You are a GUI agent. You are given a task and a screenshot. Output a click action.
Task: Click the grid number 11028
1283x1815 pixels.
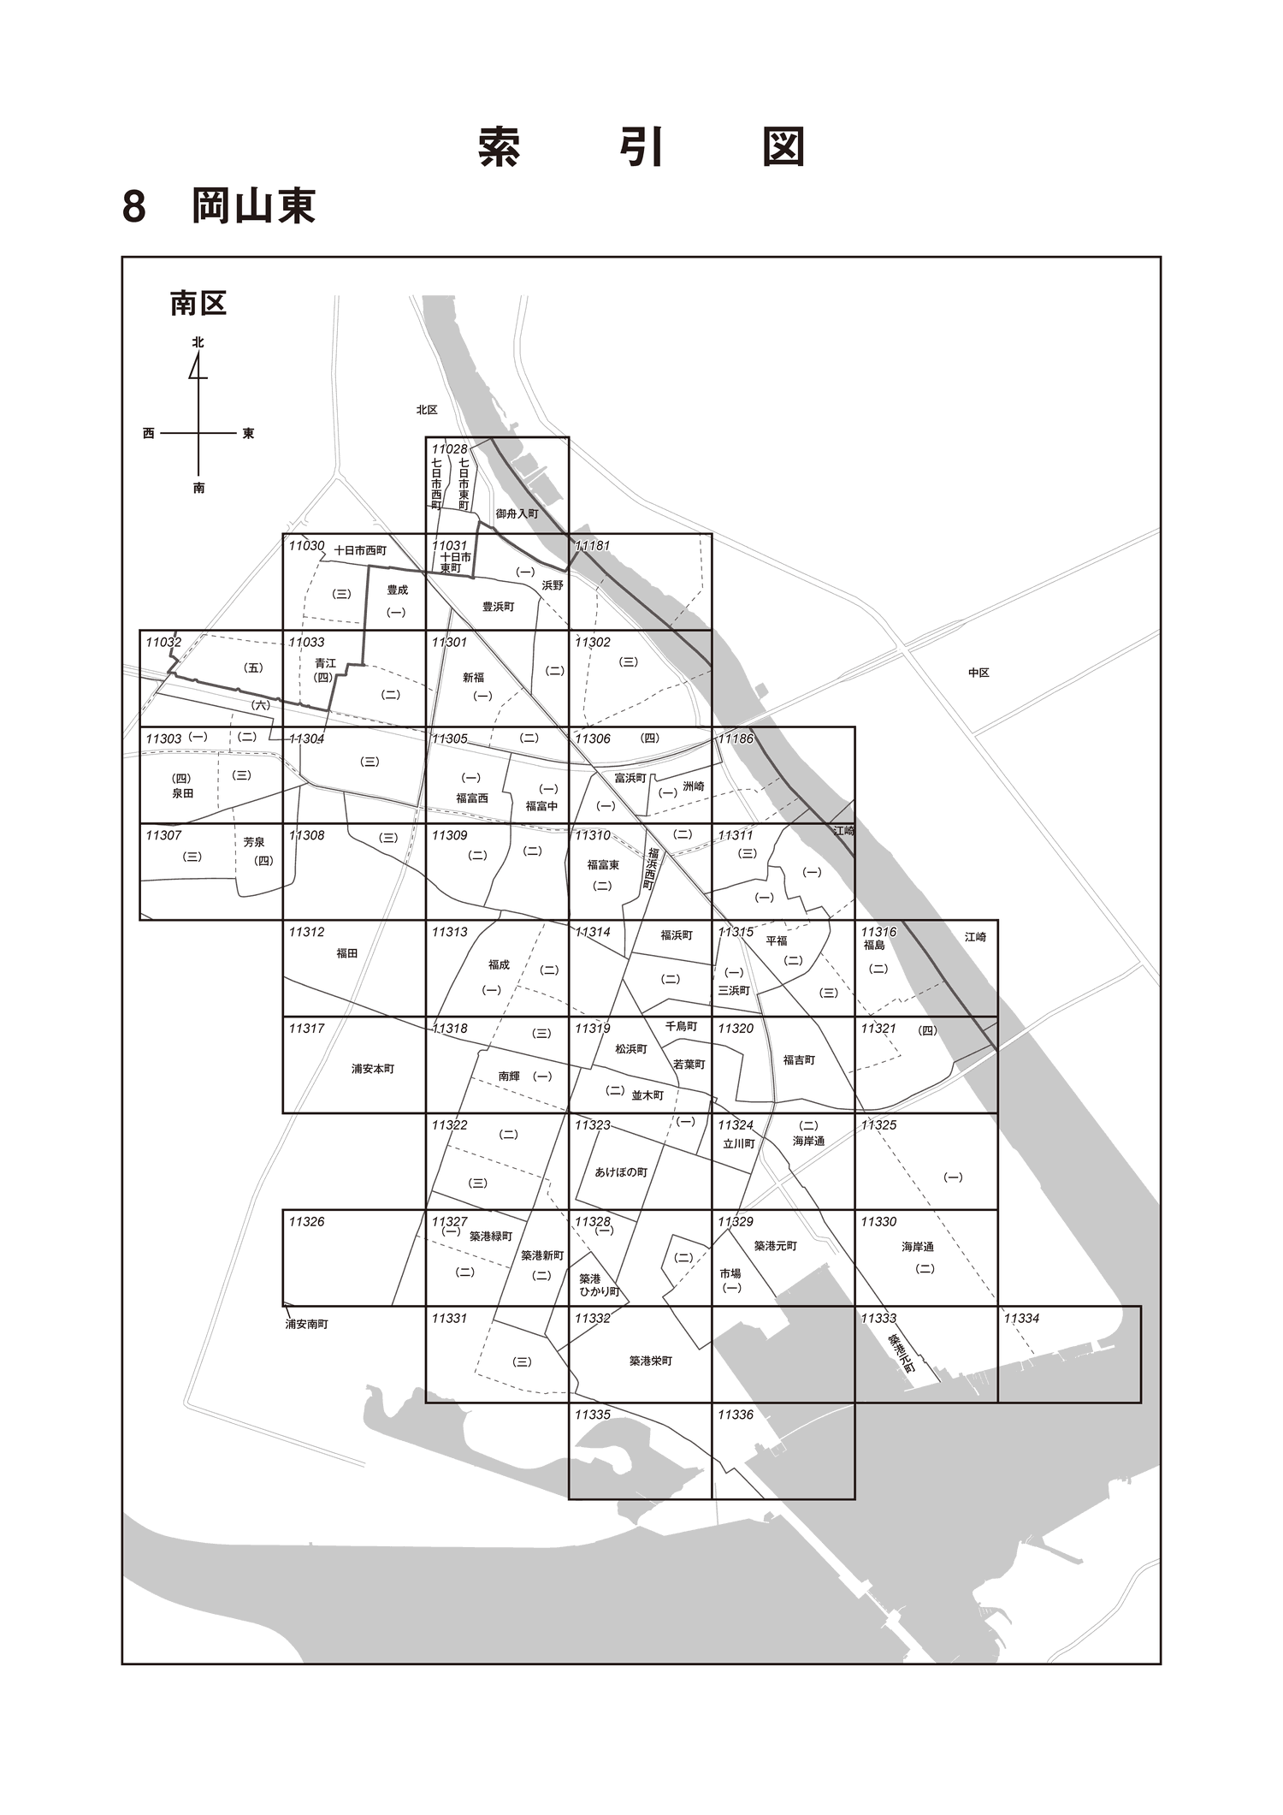(450, 449)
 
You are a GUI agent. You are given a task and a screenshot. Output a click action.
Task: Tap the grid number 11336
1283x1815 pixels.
(736, 1415)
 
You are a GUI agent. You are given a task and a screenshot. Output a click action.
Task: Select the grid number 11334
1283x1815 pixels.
(1021, 1318)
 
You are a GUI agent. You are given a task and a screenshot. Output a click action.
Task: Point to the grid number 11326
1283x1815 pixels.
(306, 1221)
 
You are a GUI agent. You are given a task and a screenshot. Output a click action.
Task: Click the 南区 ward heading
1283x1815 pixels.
(198, 303)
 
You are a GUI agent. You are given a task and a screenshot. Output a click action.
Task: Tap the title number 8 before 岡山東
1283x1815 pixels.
(134, 206)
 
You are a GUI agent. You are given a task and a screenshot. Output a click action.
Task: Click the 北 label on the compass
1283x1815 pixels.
(198, 342)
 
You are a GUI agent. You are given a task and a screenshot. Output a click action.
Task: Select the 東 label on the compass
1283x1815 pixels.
(248, 434)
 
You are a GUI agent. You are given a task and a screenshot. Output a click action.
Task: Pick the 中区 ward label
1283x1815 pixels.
(979, 673)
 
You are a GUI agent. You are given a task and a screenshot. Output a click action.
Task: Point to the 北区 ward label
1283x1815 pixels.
(427, 410)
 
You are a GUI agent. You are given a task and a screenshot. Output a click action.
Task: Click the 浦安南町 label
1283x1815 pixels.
(306, 1324)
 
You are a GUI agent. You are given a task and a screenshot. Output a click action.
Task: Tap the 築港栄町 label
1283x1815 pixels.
(650, 1361)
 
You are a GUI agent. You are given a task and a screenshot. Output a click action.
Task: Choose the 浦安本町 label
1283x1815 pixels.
(373, 1069)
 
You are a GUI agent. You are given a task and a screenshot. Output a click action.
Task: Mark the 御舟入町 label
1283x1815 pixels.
(517, 514)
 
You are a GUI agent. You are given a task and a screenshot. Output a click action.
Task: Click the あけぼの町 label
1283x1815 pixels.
(621, 1172)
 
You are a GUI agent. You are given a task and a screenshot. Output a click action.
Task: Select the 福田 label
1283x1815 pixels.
(346, 953)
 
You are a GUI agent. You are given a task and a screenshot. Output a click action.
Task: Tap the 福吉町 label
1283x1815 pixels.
(799, 1060)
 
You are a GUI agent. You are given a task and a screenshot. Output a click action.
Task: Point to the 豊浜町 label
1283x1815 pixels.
(498, 607)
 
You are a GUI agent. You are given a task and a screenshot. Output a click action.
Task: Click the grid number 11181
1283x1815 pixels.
(593, 545)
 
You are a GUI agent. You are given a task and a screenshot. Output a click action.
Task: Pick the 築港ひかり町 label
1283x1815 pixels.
(599, 1285)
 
